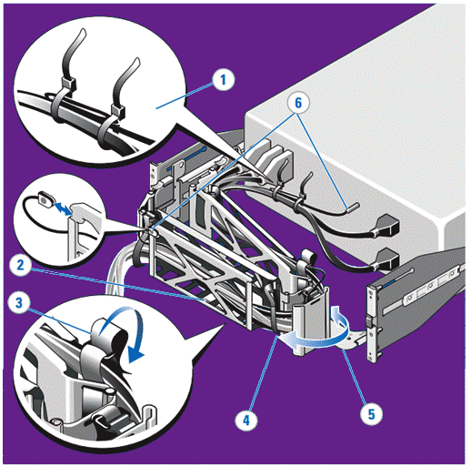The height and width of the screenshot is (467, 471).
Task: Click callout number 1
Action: (x=224, y=80)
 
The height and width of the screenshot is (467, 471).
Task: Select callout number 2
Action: (x=20, y=266)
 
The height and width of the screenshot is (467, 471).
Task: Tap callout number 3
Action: (x=19, y=302)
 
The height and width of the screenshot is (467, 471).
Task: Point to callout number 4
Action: (x=246, y=421)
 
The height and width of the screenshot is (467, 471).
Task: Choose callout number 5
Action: (x=371, y=414)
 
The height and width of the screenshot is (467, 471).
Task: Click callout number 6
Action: (x=298, y=103)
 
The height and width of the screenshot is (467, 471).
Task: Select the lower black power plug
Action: (x=387, y=260)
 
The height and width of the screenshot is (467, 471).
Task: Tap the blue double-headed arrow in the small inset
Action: (x=63, y=208)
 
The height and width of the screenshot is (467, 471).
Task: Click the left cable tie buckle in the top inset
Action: (x=68, y=84)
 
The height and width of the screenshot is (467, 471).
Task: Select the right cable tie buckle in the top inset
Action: (x=118, y=111)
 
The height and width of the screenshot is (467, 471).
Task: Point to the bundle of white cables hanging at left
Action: (x=118, y=270)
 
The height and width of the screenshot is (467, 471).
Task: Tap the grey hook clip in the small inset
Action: (x=86, y=217)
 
